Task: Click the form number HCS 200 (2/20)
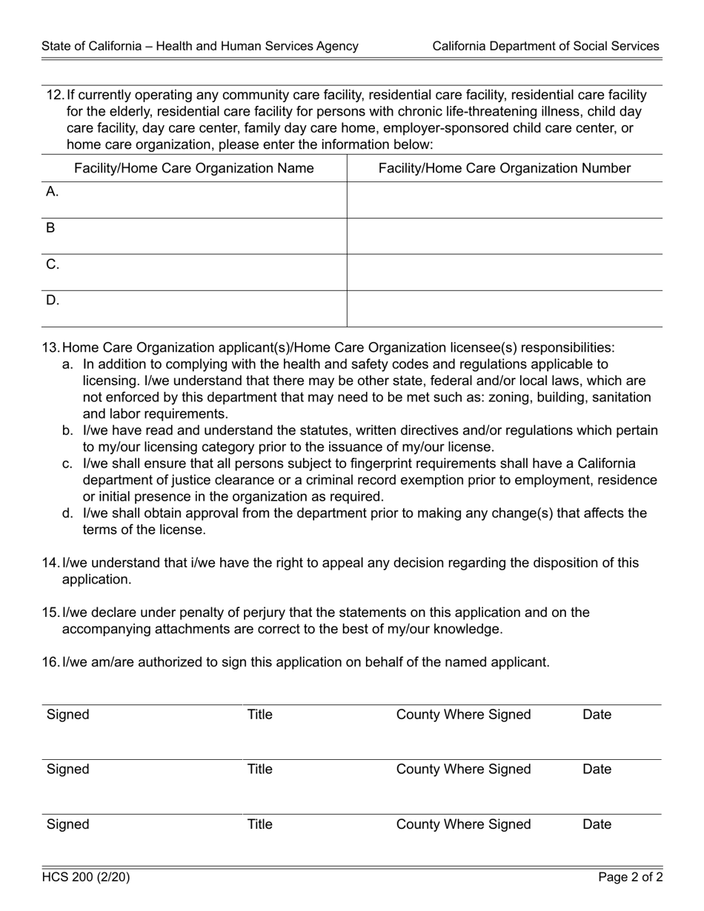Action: click(x=86, y=878)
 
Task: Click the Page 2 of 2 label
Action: click(x=631, y=878)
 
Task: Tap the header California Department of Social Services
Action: click(x=545, y=46)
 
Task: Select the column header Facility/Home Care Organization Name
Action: click(x=193, y=168)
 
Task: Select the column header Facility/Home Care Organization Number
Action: click(x=504, y=168)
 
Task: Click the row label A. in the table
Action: click(x=52, y=192)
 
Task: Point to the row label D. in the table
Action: click(x=52, y=300)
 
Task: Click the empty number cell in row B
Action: click(x=504, y=236)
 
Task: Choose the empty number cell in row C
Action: click(x=504, y=272)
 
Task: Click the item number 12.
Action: click(x=55, y=95)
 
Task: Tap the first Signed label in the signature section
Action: click(x=67, y=715)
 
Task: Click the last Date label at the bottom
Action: click(x=597, y=824)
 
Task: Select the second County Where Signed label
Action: click(x=463, y=770)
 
